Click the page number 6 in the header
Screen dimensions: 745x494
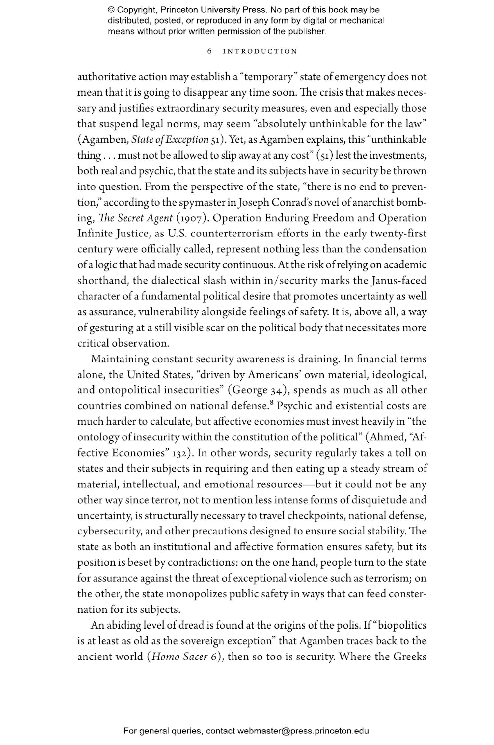(x=209, y=51)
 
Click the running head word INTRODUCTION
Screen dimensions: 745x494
(x=260, y=51)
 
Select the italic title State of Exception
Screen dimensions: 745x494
(x=170, y=140)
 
